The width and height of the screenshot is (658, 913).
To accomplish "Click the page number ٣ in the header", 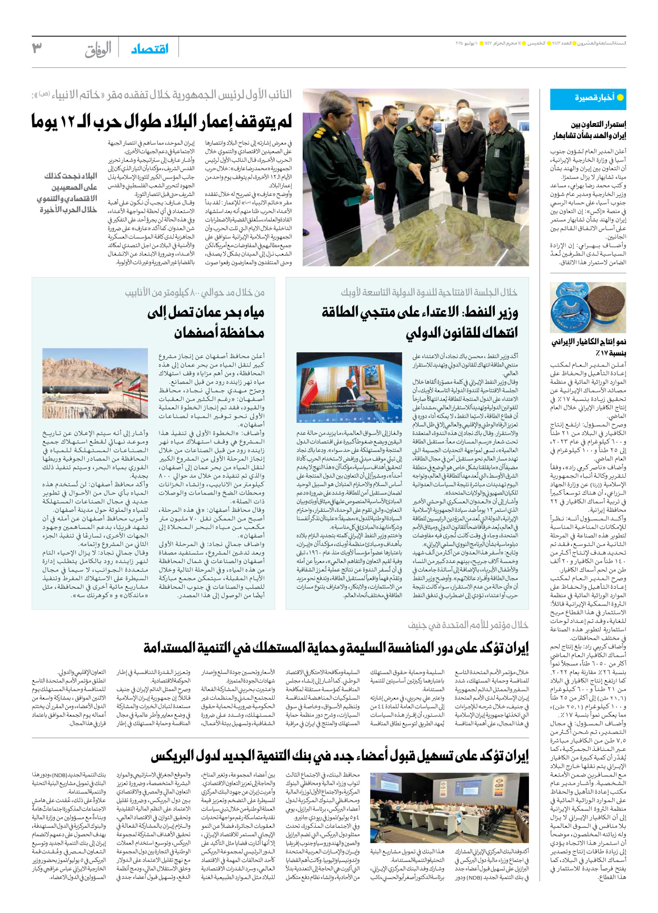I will [x=37, y=48].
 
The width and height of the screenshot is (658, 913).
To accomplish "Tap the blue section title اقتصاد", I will [x=149, y=49].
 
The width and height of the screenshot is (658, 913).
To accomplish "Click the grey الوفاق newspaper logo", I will [x=98, y=49].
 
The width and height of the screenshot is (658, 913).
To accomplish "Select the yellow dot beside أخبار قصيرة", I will [x=620, y=97].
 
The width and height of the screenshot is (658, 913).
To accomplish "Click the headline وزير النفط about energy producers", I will [x=420, y=322].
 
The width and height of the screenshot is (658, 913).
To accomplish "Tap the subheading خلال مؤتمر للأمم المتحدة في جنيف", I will [x=468, y=625].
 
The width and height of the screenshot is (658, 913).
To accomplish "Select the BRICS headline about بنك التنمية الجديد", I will [x=340, y=757].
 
